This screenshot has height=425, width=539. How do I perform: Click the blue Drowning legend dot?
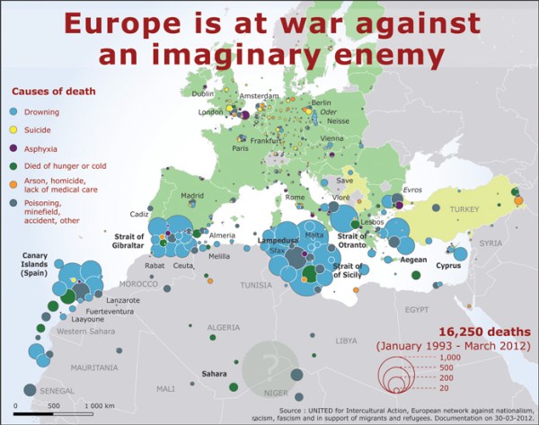tap(14, 112)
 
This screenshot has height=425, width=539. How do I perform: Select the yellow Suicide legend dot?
tap(14, 129)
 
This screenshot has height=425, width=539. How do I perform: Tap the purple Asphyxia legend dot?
tap(14, 147)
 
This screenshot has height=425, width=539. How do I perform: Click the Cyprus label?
tap(449, 266)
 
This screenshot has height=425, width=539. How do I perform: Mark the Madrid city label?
tap(193, 195)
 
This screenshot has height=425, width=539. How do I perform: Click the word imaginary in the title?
tap(245, 57)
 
